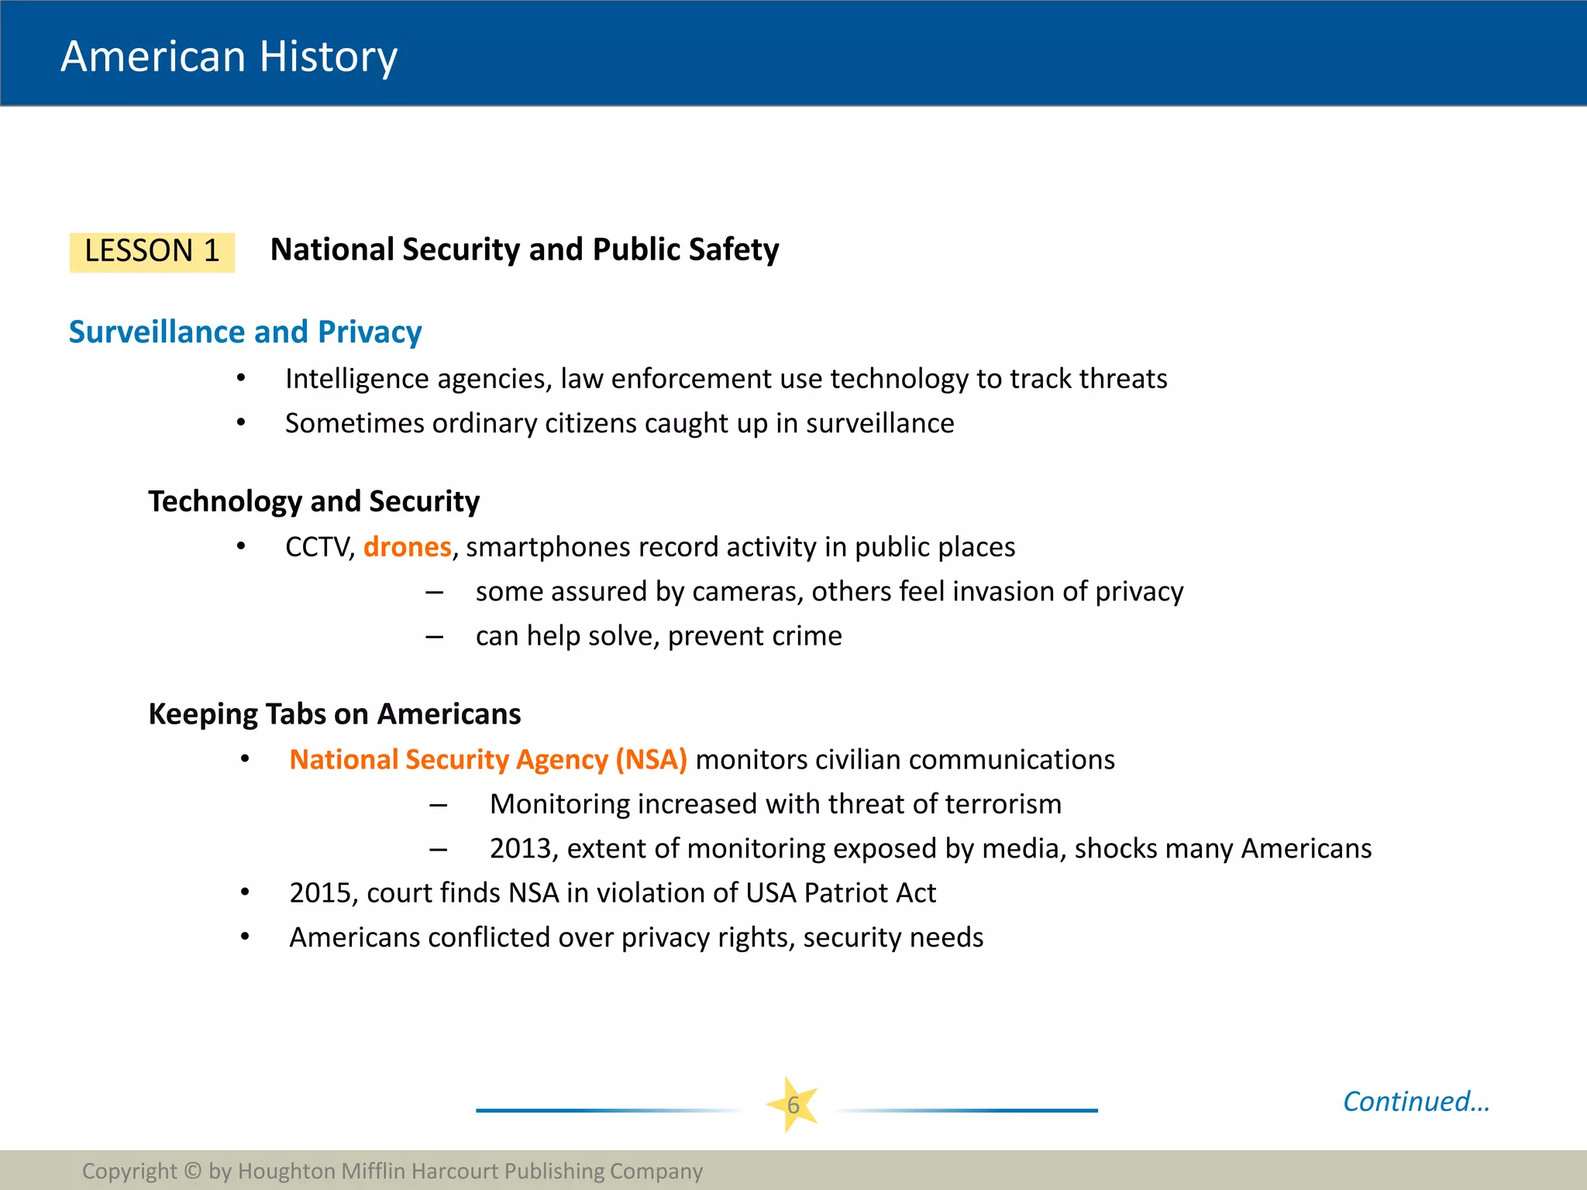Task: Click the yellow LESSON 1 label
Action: (152, 252)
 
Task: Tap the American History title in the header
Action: (229, 57)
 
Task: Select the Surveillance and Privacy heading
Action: (245, 332)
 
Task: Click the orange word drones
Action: (407, 547)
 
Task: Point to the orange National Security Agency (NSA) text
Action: (487, 759)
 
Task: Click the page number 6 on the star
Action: (793, 1105)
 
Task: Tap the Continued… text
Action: (1416, 1101)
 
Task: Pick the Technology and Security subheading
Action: (314, 501)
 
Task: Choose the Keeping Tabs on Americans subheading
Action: (334, 714)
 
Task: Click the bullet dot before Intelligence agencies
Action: (241, 379)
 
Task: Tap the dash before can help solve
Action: (434, 637)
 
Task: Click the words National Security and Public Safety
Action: (524, 249)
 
